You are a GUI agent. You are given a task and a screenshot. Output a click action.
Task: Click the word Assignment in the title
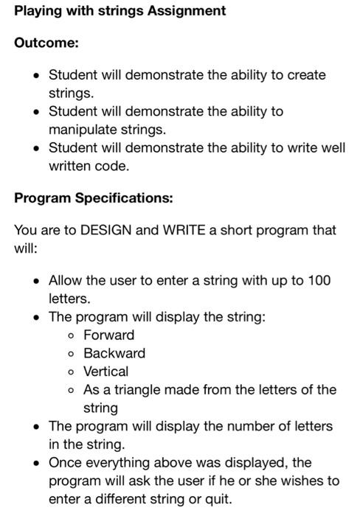pos(184,11)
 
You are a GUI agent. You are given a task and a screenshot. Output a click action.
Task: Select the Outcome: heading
pos(46,43)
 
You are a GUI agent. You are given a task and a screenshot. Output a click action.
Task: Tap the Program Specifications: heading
pos(92,198)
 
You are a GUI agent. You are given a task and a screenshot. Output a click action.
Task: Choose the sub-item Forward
pos(108,335)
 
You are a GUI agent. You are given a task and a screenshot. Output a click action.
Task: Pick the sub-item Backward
pos(114,353)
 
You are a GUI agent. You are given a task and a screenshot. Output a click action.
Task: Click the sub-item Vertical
pos(105,371)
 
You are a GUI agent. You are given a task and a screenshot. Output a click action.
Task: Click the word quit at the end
pos(218,498)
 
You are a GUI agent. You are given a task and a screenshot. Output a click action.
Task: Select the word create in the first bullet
pos(305,75)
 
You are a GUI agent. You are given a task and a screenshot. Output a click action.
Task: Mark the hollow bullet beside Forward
pos(70,335)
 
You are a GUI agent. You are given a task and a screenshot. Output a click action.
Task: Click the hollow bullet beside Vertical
pos(70,372)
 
